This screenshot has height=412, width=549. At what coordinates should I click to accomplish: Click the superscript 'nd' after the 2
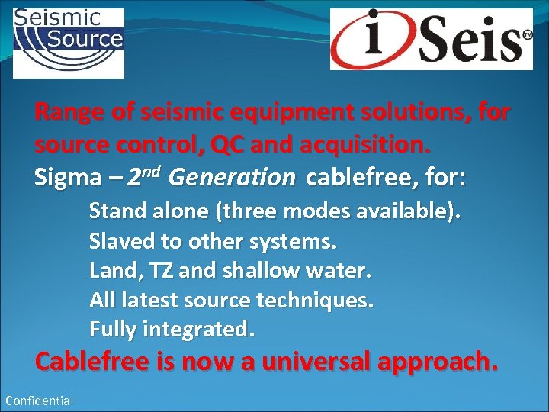152,170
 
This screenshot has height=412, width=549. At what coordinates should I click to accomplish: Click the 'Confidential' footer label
40,401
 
